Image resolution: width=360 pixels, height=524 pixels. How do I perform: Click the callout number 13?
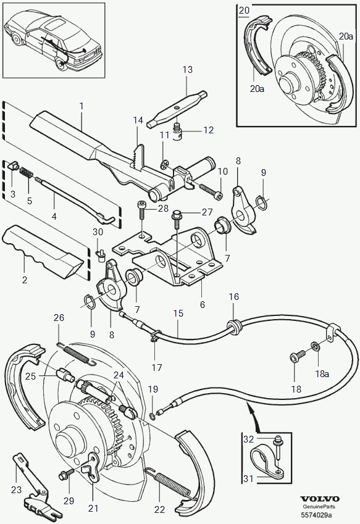tap(188, 70)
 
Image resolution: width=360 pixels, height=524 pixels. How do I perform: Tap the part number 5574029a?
tap(316, 514)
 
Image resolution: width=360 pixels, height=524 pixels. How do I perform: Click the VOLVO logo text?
tap(320, 499)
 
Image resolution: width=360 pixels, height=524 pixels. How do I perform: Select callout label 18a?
tap(322, 373)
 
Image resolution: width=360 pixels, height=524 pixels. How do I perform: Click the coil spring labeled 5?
tap(26, 173)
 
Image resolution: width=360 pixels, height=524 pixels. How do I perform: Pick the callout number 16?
tap(234, 296)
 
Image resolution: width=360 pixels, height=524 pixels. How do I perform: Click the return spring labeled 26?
tap(77, 354)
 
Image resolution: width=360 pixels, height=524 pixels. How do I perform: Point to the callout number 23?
tap(16, 489)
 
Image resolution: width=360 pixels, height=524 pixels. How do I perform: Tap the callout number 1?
tap(82, 106)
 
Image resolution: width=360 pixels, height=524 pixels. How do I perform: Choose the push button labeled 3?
tap(14, 165)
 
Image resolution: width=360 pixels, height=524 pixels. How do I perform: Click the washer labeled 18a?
tap(316, 346)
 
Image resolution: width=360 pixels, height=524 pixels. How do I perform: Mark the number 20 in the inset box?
tap(245, 10)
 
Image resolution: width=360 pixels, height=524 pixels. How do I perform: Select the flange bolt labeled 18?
tap(298, 356)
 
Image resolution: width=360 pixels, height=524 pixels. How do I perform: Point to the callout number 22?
tap(160, 510)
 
